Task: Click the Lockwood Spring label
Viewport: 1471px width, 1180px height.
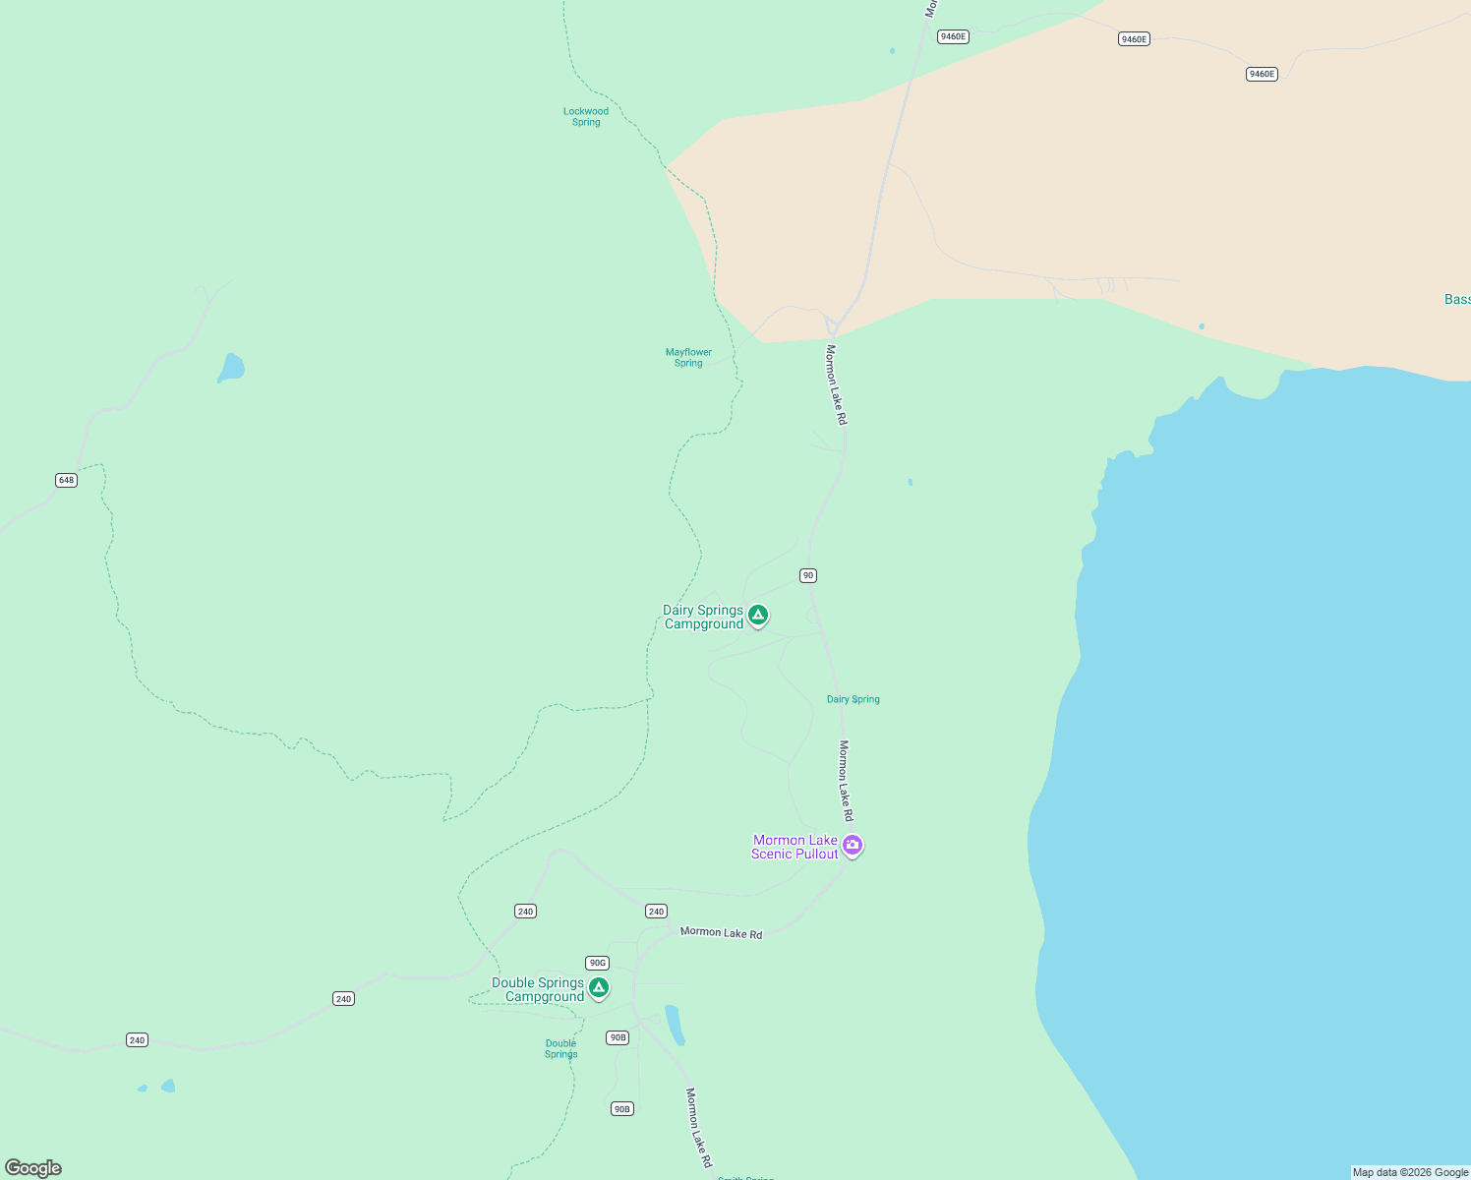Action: [x=586, y=117]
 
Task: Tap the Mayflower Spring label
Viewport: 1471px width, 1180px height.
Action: [x=688, y=358]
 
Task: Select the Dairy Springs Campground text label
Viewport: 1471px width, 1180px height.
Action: [x=703, y=618]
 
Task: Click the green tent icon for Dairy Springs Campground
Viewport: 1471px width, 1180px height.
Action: [x=758, y=616]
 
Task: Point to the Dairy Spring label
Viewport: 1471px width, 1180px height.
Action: [x=853, y=700]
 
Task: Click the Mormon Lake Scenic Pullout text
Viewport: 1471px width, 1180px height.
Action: [x=794, y=848]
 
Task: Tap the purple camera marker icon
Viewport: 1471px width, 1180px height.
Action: [x=853, y=845]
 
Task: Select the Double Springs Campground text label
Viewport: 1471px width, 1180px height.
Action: [x=538, y=990]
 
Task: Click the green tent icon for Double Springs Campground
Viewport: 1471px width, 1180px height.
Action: [x=599, y=987]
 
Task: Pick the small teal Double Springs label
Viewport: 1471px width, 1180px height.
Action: [x=561, y=1049]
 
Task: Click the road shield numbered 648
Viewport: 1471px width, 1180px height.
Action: [x=66, y=481]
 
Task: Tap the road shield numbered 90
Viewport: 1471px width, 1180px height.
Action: [x=808, y=576]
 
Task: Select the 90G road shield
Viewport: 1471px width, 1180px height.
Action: [x=597, y=964]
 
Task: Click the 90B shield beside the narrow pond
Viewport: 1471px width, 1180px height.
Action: [x=618, y=1038]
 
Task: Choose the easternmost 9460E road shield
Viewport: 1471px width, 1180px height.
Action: [x=1262, y=75]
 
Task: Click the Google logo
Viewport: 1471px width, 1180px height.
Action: [x=33, y=1168]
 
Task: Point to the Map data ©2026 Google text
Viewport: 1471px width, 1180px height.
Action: [x=1410, y=1172]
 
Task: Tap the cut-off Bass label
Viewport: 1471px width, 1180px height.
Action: [x=1457, y=300]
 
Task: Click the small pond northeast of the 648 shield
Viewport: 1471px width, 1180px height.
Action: [x=231, y=368]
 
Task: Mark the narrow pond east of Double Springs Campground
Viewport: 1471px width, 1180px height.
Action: [x=675, y=1025]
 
